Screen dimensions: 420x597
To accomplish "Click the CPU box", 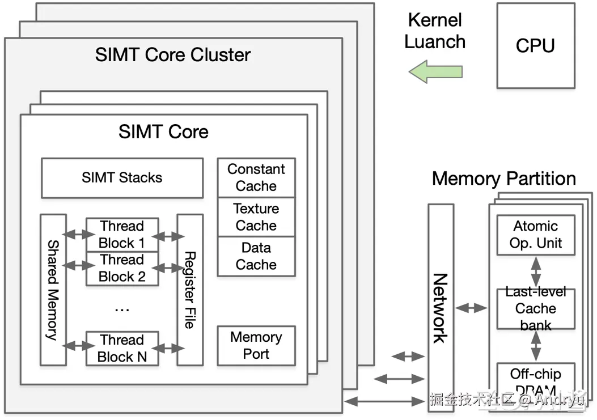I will click(535, 45).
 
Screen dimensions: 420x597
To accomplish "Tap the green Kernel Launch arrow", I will click(435, 72).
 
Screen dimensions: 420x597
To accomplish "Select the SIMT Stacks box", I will click(122, 178).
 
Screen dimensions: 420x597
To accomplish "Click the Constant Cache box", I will click(256, 177).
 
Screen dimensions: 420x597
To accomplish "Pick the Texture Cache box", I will click(256, 217).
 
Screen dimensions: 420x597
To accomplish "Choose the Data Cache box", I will click(256, 256).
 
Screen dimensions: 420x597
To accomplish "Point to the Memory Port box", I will click(256, 346).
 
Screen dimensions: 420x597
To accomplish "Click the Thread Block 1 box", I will click(122, 235).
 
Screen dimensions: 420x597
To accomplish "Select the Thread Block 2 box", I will click(122, 269).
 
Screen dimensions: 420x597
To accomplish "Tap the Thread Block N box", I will click(122, 348).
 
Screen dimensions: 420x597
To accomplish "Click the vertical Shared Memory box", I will click(53, 289).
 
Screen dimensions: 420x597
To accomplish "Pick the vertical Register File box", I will click(190, 289).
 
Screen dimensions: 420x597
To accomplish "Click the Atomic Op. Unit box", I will click(536, 235).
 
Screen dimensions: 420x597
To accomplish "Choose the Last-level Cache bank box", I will click(536, 308).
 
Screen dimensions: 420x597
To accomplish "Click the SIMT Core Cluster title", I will click(173, 55).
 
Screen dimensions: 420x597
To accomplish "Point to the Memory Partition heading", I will click(503, 179).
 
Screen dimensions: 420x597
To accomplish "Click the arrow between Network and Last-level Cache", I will click(472, 308).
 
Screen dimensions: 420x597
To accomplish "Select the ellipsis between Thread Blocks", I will click(122, 309).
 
